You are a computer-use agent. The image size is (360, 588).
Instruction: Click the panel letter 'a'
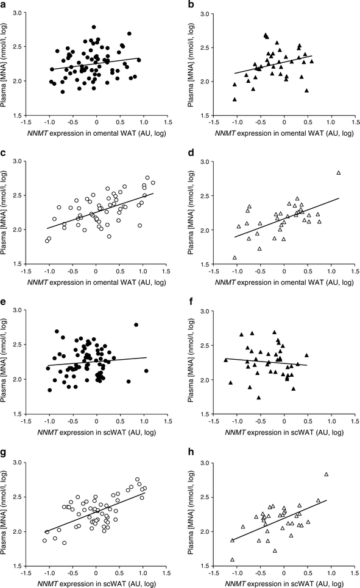coord(4,5)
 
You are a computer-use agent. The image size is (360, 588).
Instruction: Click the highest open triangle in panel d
coord(339,173)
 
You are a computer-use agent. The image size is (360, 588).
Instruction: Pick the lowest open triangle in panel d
coord(235,257)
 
